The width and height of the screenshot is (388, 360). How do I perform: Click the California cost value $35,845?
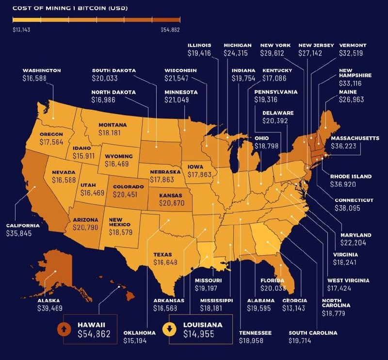pos(23,233)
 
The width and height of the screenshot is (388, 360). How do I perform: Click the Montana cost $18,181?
pos(112,132)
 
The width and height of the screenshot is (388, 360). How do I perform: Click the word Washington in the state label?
pos(42,70)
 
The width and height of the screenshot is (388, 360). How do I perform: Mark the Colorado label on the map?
pos(128,187)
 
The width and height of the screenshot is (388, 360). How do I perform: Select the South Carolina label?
pos(313,333)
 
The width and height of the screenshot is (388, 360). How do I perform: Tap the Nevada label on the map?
pos(61,173)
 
